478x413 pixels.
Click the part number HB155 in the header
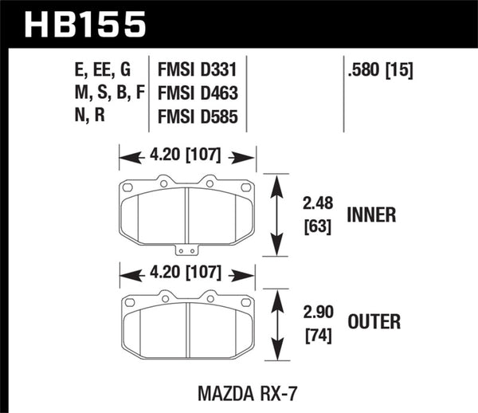tap(86, 24)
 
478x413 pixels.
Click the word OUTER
tap(374, 321)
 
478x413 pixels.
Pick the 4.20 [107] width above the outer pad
tap(186, 277)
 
